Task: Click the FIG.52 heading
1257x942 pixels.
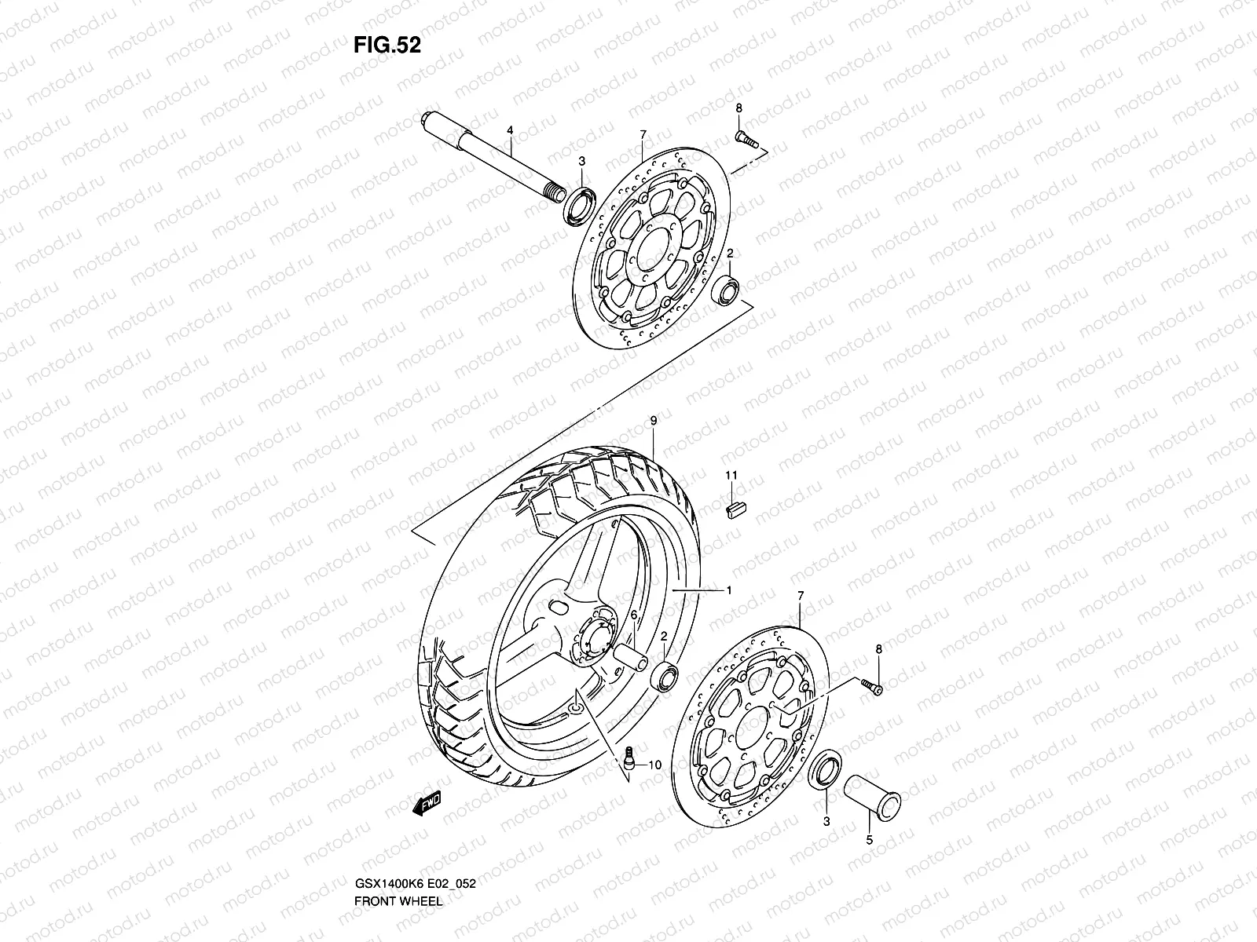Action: (387, 46)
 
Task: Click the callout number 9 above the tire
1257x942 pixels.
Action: (652, 422)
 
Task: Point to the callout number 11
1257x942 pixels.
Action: (730, 475)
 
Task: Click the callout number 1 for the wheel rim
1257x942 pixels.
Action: (728, 590)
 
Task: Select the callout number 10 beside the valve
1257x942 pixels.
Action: (655, 765)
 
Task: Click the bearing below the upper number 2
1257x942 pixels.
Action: (726, 291)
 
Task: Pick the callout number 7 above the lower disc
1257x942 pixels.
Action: (800, 597)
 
